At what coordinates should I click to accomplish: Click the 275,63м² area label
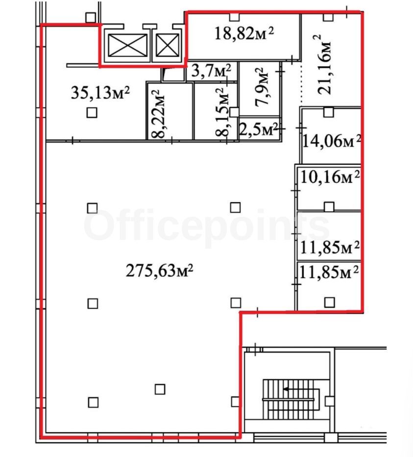pyautogui.click(x=159, y=271)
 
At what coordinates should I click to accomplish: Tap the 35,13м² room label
pyautogui.click(x=100, y=93)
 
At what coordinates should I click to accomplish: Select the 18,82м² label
pyautogui.click(x=244, y=33)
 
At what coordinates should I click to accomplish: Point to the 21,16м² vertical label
pyautogui.click(x=324, y=64)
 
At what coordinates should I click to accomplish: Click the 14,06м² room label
pyautogui.click(x=332, y=141)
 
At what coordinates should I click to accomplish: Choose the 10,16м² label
pyautogui.click(x=330, y=177)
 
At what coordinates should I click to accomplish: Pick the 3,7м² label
pyautogui.click(x=211, y=71)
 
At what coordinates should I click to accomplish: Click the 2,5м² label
pyautogui.click(x=258, y=129)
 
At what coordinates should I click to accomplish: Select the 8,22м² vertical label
pyautogui.click(x=158, y=114)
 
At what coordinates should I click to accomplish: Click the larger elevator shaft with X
pyautogui.click(x=127, y=45)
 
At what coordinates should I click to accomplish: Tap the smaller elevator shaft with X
pyautogui.click(x=167, y=45)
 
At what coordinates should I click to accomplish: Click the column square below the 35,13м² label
pyautogui.click(x=92, y=112)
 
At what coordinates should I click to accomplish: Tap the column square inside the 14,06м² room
pyautogui.click(x=329, y=112)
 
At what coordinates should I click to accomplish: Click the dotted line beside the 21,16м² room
pyautogui.click(x=301, y=84)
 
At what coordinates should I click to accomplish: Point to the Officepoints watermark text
pyautogui.click(x=207, y=227)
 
